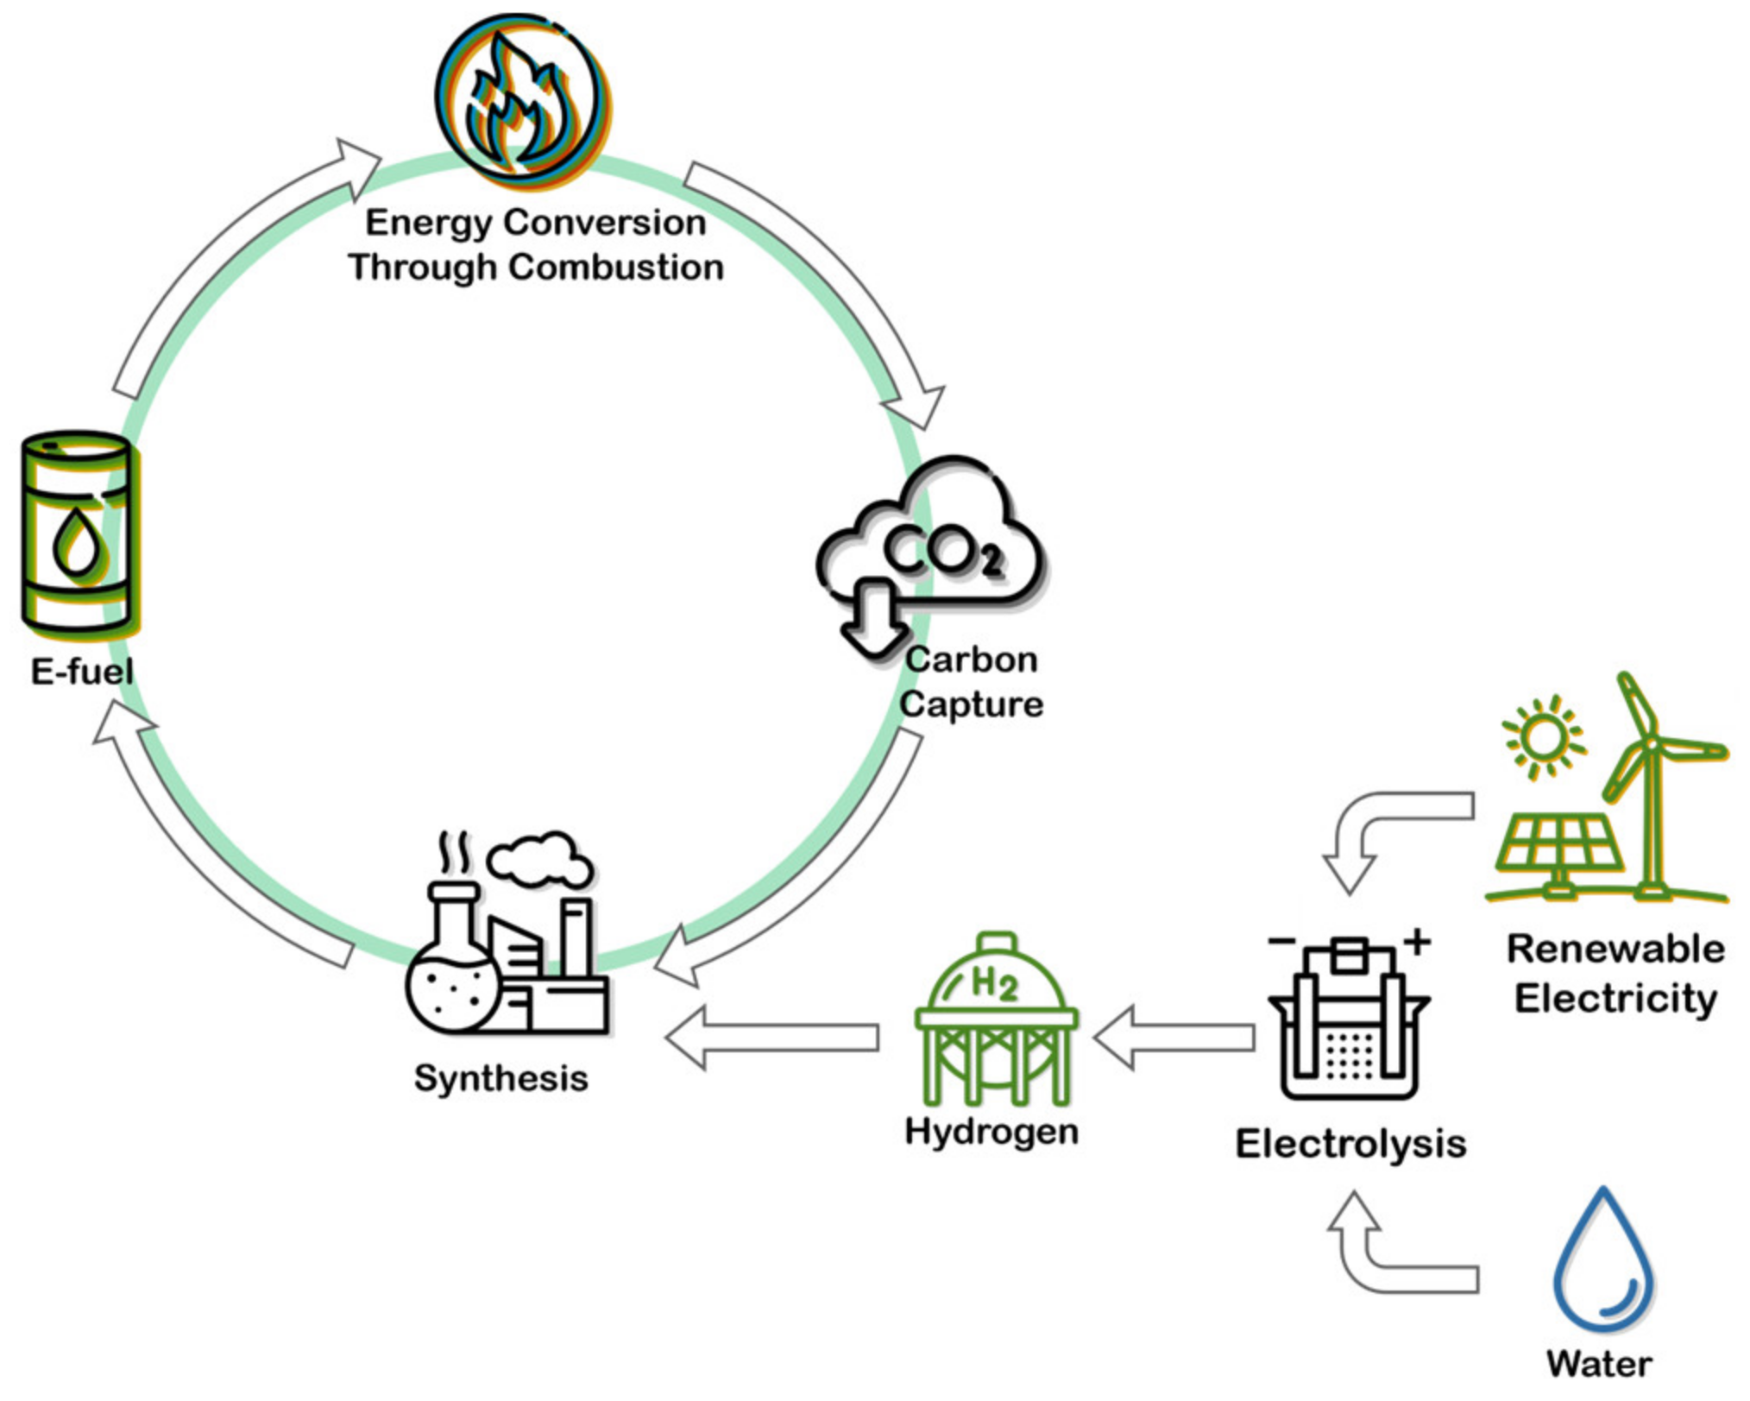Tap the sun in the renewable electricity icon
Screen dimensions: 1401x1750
(x=1543, y=736)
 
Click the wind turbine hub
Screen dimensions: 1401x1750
(x=1649, y=744)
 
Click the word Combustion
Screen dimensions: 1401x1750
(x=615, y=267)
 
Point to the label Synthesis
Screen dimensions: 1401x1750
(x=500, y=1078)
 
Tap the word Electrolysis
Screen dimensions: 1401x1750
(x=1350, y=1144)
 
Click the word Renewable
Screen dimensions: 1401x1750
(x=1615, y=949)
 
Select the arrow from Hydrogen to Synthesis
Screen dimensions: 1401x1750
(x=772, y=1038)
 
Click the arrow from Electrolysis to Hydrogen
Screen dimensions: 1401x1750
(x=1174, y=1037)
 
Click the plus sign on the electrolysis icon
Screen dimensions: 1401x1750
(x=1417, y=941)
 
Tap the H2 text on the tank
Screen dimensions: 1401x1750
(x=993, y=982)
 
